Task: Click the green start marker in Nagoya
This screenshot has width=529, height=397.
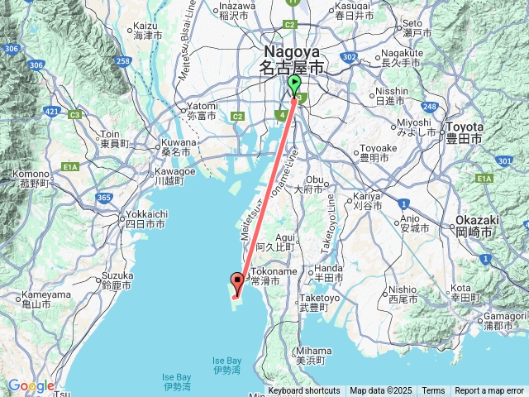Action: pos(296,84)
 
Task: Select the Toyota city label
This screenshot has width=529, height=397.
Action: pos(464,132)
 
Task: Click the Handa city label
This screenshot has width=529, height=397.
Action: pos(327,273)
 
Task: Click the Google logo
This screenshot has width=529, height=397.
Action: pos(31,385)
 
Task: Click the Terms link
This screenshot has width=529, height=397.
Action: pos(433,390)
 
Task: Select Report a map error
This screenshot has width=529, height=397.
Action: pos(489,390)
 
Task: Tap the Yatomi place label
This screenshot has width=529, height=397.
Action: pos(202,111)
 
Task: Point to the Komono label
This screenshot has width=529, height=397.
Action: pos(31,178)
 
